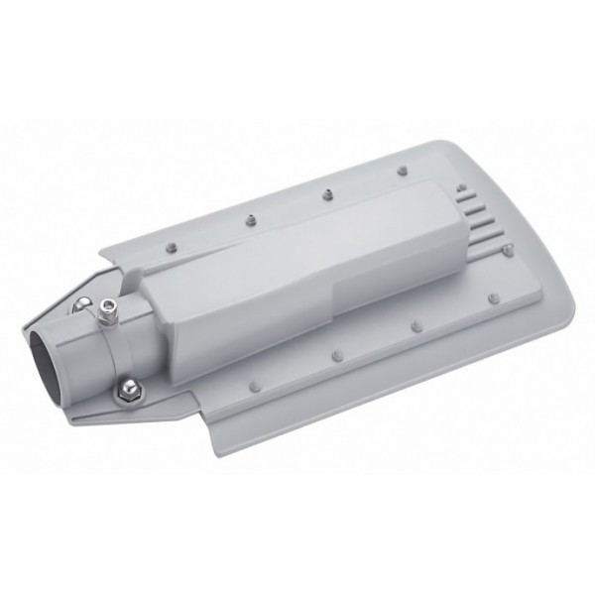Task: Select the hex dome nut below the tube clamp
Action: [127, 391]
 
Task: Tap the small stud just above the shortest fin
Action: [460, 184]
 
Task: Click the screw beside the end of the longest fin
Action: [508, 250]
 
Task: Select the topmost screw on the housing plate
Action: [403, 171]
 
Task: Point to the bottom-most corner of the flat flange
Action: [223, 451]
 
